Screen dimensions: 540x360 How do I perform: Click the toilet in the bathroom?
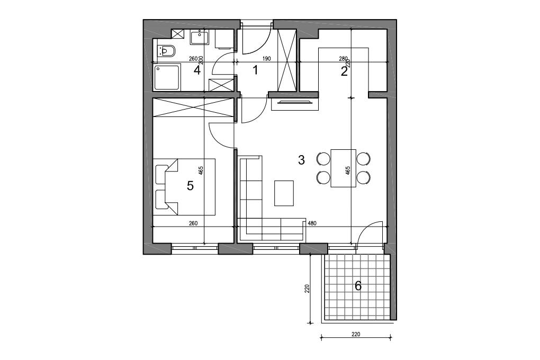point(166,51)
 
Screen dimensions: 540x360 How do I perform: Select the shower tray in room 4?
point(167,77)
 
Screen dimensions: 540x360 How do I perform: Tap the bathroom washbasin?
point(200,37)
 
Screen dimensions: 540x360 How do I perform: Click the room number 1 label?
point(255,70)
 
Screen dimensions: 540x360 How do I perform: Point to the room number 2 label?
point(344,71)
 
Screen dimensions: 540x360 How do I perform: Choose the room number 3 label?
point(301,160)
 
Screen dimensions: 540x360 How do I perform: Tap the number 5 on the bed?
point(190,186)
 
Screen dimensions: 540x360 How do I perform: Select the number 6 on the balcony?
point(358,285)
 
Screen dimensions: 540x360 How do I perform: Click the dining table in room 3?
point(344,168)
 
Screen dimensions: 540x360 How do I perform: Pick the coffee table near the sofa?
point(284,193)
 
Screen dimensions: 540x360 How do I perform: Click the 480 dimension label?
point(312,223)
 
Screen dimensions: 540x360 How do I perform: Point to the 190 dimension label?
point(266,59)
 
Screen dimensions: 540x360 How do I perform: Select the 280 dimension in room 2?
point(344,59)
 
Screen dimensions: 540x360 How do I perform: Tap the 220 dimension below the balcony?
point(356,334)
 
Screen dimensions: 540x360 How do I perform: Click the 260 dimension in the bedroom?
point(193,223)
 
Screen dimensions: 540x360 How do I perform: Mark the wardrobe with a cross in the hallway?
point(287,61)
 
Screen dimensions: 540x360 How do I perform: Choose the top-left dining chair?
point(323,159)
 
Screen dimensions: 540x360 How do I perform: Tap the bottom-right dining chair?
point(364,177)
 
